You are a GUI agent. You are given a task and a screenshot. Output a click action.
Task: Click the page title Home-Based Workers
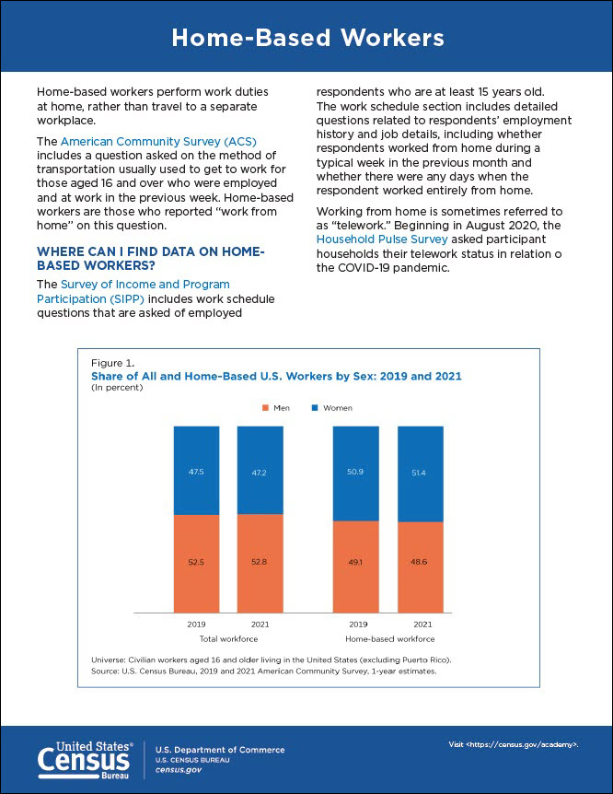point(306,38)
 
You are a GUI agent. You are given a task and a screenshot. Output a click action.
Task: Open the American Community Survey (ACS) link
point(158,142)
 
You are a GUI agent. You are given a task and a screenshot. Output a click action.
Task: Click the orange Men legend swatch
point(266,408)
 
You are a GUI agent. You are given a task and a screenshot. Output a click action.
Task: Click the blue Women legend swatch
point(315,408)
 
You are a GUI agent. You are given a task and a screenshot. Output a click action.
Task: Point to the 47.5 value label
point(196,472)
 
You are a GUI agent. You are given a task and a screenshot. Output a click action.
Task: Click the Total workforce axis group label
point(228,638)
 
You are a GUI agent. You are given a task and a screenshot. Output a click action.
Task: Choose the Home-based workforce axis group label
point(388,638)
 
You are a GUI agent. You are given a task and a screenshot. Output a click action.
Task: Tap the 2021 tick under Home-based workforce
point(420,625)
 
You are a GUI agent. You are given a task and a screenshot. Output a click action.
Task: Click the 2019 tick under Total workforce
point(196,625)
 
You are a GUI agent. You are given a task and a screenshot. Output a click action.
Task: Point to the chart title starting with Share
point(276,377)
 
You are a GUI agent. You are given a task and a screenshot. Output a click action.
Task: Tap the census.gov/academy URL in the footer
point(513,742)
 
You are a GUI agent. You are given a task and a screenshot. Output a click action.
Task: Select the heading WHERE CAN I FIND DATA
point(149,258)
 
